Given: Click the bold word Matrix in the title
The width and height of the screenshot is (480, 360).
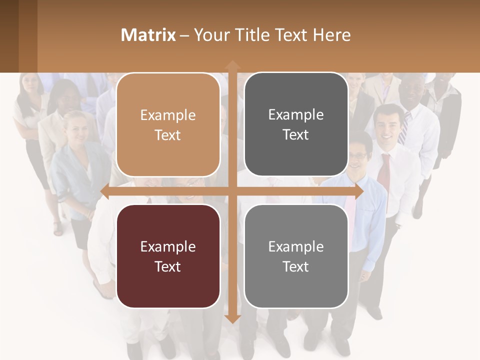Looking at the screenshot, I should click(x=148, y=35).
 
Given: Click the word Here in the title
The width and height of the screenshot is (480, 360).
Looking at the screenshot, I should click(x=331, y=35).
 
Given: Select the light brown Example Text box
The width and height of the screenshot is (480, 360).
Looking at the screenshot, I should click(x=168, y=125).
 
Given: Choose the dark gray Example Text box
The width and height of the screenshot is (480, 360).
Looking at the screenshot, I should click(x=296, y=124).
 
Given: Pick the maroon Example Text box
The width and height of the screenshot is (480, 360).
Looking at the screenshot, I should click(x=168, y=256).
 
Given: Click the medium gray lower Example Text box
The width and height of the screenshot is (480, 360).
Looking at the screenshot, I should click(x=296, y=256).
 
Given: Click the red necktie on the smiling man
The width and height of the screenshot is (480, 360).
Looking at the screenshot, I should click(x=384, y=172).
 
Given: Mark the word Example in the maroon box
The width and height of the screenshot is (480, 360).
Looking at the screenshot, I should click(x=168, y=246).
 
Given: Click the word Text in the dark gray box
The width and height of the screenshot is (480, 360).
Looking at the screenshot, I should click(x=296, y=134).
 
